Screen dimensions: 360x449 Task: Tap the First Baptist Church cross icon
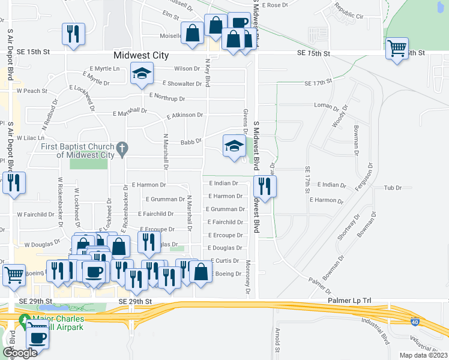pos(122,148)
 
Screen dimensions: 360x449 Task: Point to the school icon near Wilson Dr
pos(142,74)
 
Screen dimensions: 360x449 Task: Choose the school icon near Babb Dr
pos(234,146)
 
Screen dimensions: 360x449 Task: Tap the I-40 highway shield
pos(415,339)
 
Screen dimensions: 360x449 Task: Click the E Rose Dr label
pos(276,5)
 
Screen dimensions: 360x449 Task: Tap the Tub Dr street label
pos(393,188)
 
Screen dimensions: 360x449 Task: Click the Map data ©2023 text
pos(423,355)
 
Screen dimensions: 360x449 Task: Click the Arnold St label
pos(277,340)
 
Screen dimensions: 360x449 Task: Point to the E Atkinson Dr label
pos(185,114)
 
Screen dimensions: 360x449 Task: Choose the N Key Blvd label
pos(208,73)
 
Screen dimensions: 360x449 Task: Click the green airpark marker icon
pos(25,320)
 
